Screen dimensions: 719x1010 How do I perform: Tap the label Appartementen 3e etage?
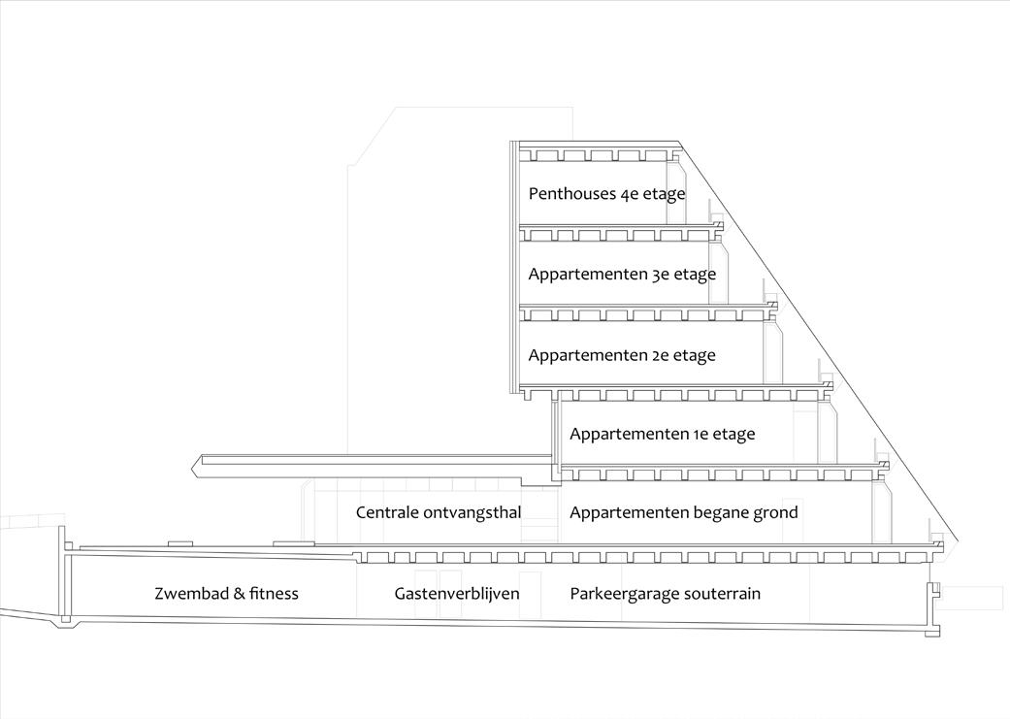(622, 274)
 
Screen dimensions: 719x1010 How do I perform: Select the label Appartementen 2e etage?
(622, 355)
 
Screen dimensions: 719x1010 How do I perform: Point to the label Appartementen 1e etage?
(662, 434)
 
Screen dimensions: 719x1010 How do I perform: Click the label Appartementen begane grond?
(683, 511)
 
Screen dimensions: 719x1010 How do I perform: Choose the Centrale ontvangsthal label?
(439, 511)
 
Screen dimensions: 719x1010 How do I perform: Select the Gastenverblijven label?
(457, 593)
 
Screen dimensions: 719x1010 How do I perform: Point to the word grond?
(776, 511)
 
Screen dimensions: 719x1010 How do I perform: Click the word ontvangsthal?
(472, 511)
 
